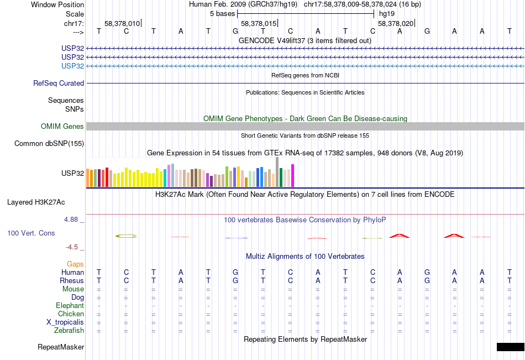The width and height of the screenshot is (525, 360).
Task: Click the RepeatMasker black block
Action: click(x=510, y=347)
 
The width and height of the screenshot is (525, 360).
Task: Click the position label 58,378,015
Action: click(x=258, y=24)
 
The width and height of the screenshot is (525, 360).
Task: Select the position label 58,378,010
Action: click(x=122, y=24)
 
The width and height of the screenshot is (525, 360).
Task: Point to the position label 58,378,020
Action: click(x=395, y=24)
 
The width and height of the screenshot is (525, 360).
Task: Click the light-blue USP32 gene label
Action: click(x=73, y=66)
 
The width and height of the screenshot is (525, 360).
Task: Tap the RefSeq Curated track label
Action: click(x=59, y=84)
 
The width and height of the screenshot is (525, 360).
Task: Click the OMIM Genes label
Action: click(x=62, y=127)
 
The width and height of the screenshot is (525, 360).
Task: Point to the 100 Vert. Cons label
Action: click(x=31, y=233)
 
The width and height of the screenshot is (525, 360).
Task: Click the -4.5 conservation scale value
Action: click(x=73, y=247)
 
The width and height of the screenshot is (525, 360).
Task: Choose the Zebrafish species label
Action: click(x=69, y=331)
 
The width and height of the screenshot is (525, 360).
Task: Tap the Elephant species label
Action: click(x=70, y=306)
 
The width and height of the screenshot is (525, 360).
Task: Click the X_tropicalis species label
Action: click(x=65, y=322)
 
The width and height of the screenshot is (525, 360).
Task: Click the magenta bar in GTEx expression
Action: click(x=292, y=176)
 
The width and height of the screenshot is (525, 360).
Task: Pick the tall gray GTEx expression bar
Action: click(x=277, y=172)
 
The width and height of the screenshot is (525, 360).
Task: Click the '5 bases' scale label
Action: click(x=222, y=13)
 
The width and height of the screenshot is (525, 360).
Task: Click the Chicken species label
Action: click(x=71, y=314)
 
